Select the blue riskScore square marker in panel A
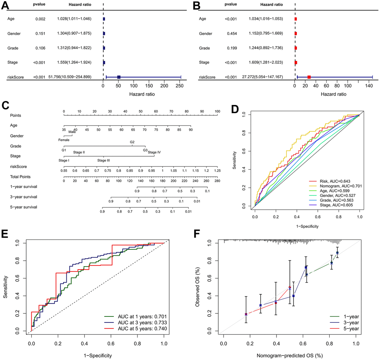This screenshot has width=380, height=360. pos(119,77)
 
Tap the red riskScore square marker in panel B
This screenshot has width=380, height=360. pos(309,77)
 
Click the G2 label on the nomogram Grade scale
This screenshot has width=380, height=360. pos(132,142)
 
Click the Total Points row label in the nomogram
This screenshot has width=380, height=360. pos(20,177)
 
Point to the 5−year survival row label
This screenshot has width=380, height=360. pos(23,207)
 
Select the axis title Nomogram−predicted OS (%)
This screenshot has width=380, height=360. pos(290,355)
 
